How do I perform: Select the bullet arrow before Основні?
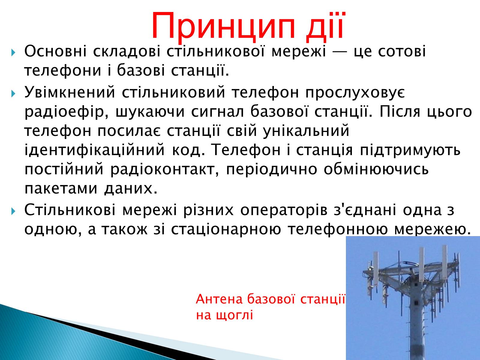(x=13, y=53)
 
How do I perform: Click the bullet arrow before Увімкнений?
(x=13, y=94)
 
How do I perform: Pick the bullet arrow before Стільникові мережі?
(x=13, y=211)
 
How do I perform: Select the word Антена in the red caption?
(x=219, y=299)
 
